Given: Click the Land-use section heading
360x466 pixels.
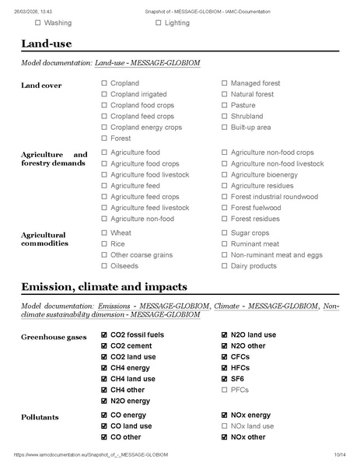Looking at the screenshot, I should point(48,44).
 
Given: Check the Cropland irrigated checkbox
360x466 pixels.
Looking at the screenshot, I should point(104,94).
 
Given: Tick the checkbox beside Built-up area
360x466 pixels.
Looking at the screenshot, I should point(224,127).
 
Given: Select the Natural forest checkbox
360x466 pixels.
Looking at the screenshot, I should point(224,94).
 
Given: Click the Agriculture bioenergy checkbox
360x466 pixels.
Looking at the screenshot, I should point(224,175).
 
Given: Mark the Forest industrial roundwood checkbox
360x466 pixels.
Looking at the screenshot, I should point(224,197).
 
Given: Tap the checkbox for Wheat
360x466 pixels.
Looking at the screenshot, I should point(104,233).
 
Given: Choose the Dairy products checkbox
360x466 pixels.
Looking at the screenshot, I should point(224,265).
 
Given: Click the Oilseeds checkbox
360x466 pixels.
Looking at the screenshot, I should point(104,265).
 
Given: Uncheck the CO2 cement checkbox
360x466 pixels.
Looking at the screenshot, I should point(104,345).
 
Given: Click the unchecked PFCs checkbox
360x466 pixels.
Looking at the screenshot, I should point(224,389).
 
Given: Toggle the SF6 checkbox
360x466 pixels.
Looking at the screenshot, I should point(224,378).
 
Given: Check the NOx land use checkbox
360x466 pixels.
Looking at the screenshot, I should point(224,426).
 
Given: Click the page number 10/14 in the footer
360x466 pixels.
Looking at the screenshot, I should point(339,454).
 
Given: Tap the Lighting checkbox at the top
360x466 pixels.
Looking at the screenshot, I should point(158,23).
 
